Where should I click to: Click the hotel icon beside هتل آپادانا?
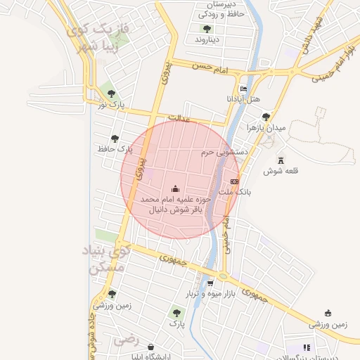[243, 89]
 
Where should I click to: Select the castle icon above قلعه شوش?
[281, 160]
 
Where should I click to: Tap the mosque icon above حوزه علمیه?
[175, 188]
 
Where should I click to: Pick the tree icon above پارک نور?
[110, 94]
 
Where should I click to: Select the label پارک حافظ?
[116, 149]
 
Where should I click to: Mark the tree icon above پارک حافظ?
[115, 139]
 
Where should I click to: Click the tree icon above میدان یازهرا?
[265, 117]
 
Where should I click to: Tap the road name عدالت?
[179, 120]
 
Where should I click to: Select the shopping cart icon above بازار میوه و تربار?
[210, 283]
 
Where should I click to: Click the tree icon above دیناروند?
[207, 29]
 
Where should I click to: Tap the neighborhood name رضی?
[128, 340]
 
